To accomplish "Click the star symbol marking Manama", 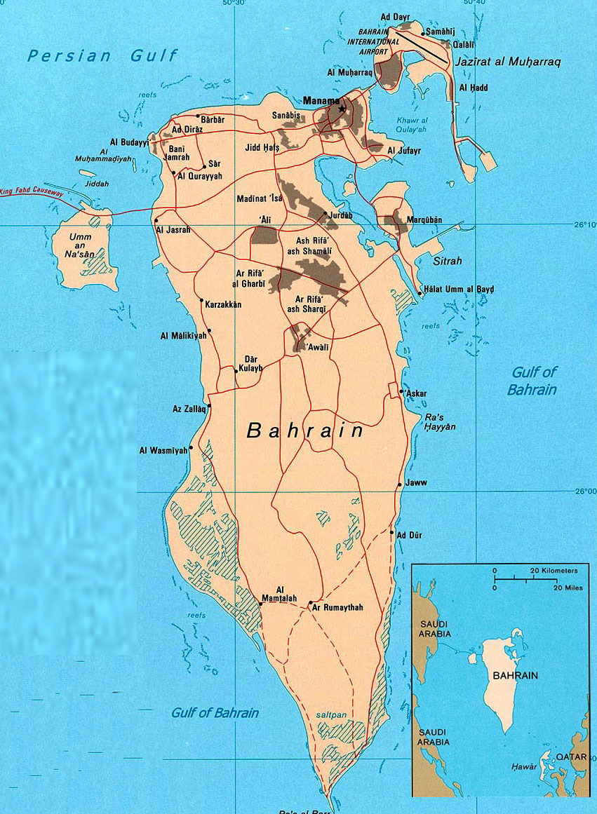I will point(342,109).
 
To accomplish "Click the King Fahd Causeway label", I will point(32,191).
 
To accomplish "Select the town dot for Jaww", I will point(400,484).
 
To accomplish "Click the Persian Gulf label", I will point(102,56).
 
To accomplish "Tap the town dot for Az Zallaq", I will point(209,405).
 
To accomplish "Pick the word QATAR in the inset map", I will point(571,757).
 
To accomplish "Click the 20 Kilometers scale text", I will point(554,571).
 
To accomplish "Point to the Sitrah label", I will point(449,261).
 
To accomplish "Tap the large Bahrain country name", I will point(304,430).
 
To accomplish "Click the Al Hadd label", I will point(474,88).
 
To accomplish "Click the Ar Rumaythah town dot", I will point(310,602).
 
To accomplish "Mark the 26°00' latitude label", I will point(584,491).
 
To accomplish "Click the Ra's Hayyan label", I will point(440,421).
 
